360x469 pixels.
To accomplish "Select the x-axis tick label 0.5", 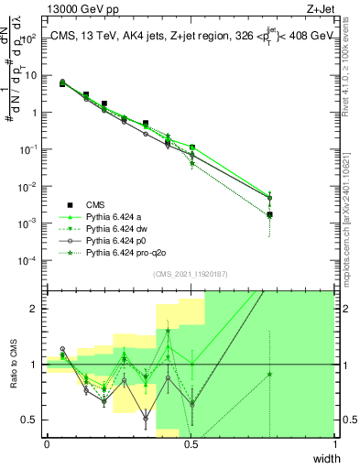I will (191, 443).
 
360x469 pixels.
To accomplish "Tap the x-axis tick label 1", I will (334, 443).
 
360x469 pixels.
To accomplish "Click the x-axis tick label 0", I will (47, 443).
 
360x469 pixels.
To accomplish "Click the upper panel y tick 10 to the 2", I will (30, 38).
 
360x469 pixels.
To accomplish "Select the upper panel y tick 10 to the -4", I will (30, 260).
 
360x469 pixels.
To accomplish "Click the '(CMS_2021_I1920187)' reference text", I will (191, 274).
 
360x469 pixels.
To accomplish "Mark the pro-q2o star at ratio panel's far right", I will (269, 374).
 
